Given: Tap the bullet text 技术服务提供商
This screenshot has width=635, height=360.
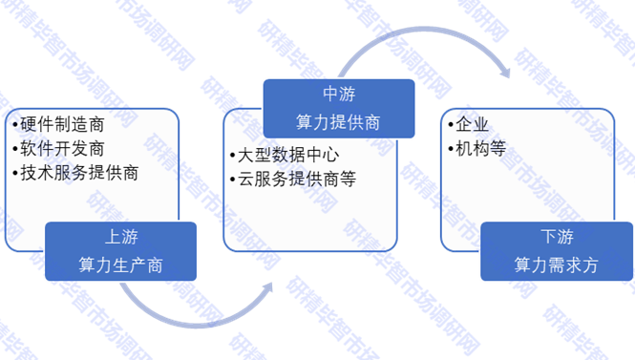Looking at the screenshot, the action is click(x=79, y=174).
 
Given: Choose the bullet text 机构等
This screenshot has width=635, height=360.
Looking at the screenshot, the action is click(x=480, y=149).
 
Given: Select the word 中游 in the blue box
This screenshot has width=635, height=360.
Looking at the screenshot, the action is click(x=339, y=95).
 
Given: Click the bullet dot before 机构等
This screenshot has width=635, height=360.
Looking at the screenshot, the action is click(x=451, y=150).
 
